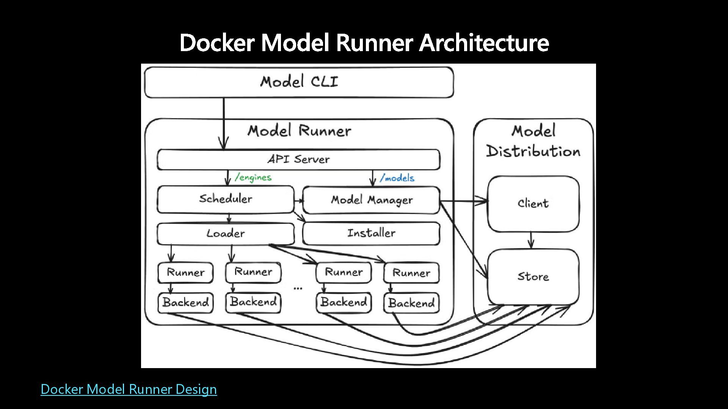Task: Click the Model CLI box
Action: tap(299, 82)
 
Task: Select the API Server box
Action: tap(299, 159)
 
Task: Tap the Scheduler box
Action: tap(226, 199)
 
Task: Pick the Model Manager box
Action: tap(372, 200)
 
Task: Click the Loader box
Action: tap(226, 234)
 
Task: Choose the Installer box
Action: tap(372, 233)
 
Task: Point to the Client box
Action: tap(533, 204)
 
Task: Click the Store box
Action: tap(533, 277)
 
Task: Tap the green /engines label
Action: tap(253, 177)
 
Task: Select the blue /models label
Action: tap(397, 178)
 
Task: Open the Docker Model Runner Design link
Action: tap(129, 389)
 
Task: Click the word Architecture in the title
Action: tap(484, 42)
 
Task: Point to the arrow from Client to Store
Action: tap(531, 240)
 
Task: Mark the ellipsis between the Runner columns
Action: tap(298, 289)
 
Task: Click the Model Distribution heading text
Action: tap(533, 141)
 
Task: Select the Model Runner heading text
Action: tap(300, 131)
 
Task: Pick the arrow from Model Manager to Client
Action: tap(464, 201)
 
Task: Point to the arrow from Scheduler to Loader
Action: tap(229, 219)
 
